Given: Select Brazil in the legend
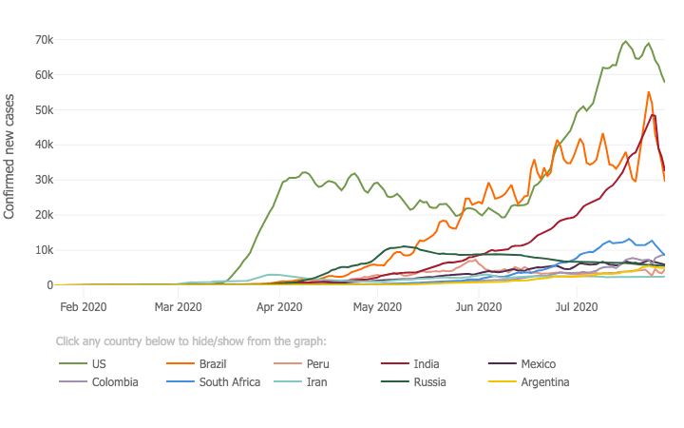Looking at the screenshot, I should click(218, 364).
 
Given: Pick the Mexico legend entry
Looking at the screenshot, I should click(538, 364).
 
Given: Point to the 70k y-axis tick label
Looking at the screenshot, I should click(41, 40).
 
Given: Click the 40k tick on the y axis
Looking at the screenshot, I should click(41, 146).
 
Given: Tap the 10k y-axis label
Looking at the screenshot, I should click(41, 250).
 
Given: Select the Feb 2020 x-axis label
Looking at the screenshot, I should click(83, 307).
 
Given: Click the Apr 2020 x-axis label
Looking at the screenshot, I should click(279, 307).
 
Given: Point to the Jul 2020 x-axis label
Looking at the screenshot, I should click(576, 307).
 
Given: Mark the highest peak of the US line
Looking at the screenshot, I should click(625, 42).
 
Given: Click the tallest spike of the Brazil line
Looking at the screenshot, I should click(649, 92).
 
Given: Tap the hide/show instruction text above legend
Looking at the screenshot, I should click(191, 340).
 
